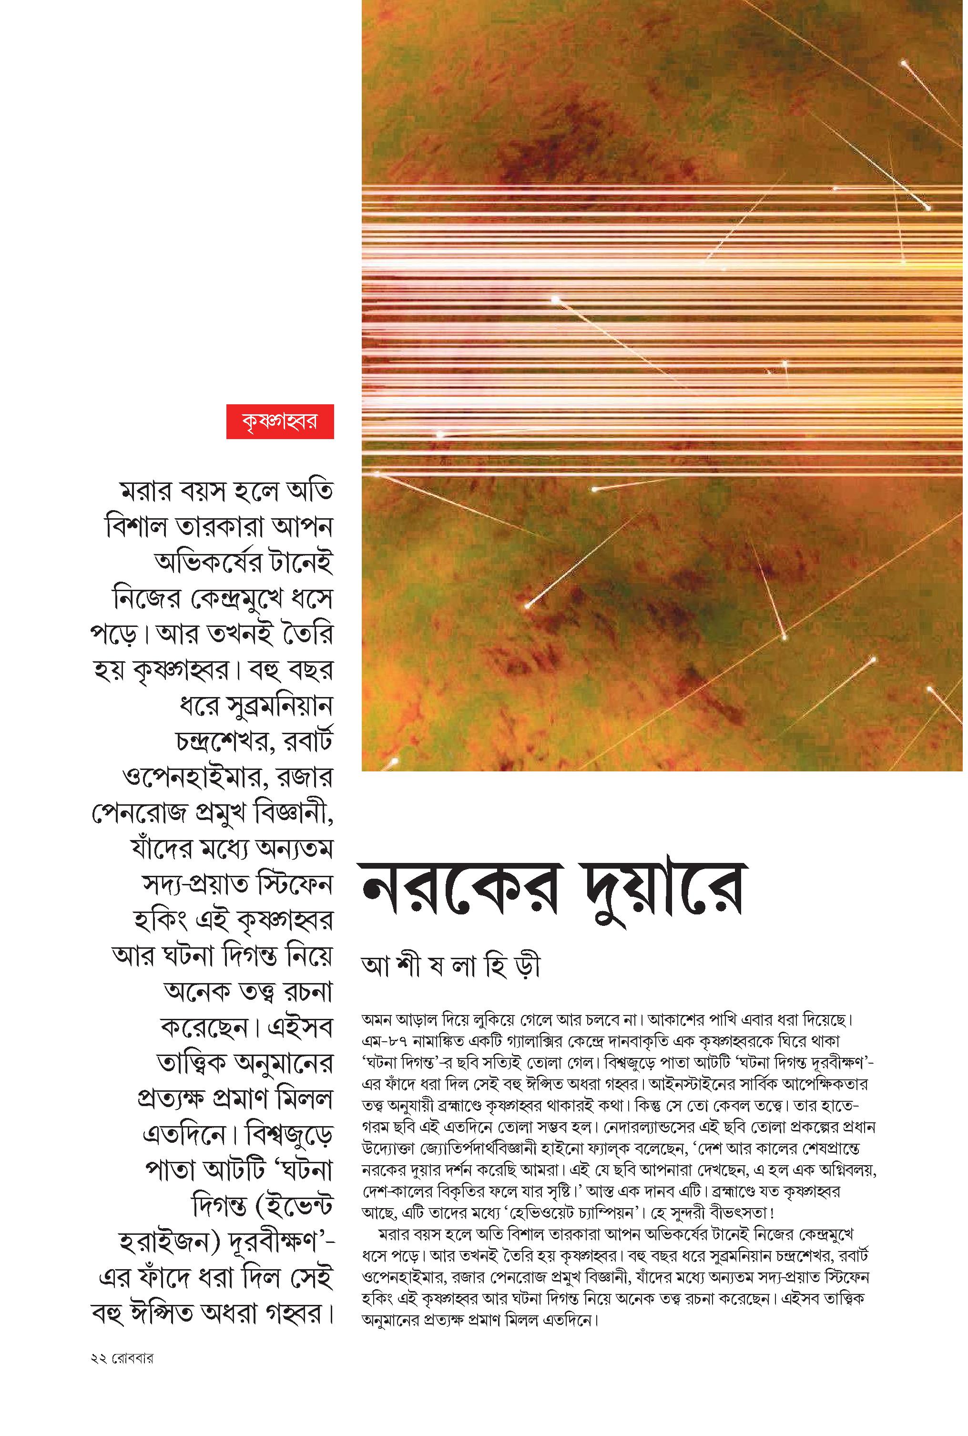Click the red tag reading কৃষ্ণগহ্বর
tap(280, 421)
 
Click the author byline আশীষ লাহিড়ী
tap(451, 967)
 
